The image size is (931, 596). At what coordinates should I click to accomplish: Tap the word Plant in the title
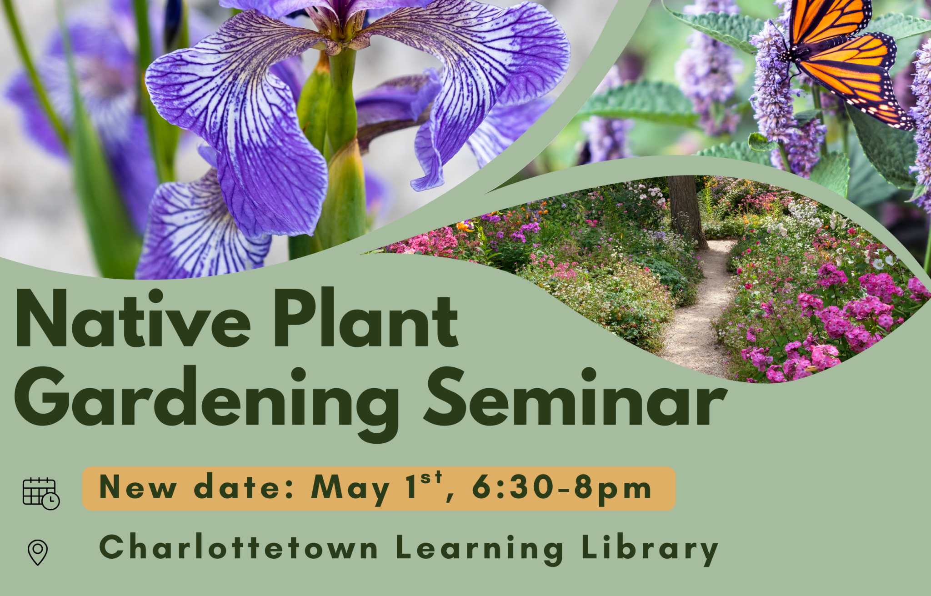pos(366,318)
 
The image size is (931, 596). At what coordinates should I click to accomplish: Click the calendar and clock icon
pos(41,494)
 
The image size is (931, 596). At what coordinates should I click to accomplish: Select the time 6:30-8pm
pos(562,488)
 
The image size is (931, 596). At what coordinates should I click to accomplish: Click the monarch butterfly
pos(843,59)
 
